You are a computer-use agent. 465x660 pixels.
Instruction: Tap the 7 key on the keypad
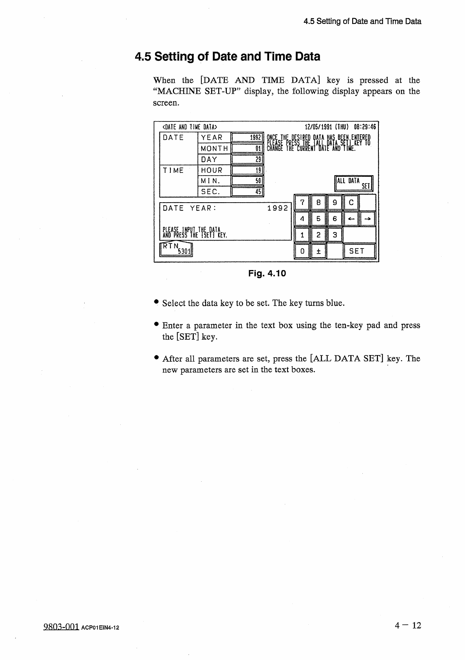[302, 203]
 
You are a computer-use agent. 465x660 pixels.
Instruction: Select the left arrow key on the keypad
[351, 219]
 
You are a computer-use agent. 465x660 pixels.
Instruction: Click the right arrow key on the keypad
[368, 219]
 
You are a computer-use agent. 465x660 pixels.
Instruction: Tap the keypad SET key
[359, 251]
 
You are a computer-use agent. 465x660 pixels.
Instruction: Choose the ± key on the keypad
[318, 251]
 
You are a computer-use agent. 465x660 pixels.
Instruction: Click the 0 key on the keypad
[302, 251]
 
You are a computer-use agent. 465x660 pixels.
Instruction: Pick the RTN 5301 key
[177, 249]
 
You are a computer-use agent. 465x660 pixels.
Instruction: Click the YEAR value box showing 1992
[247, 138]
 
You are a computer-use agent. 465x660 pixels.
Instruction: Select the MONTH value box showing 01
[247, 149]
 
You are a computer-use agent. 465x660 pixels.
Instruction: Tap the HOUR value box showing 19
[247, 170]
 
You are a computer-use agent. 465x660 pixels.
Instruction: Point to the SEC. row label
[211, 192]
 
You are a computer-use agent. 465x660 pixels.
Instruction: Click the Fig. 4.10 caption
[267, 274]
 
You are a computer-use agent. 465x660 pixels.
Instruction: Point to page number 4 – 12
[408, 625]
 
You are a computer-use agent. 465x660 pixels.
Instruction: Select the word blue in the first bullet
[333, 303]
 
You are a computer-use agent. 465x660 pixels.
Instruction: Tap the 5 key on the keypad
[318, 219]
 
